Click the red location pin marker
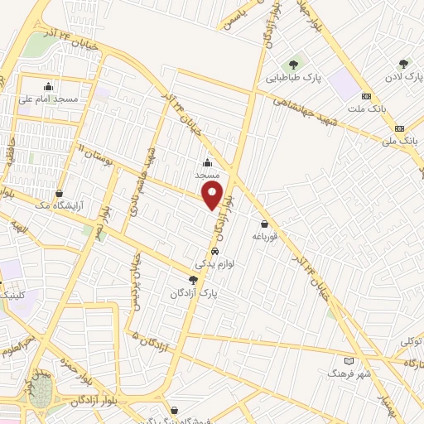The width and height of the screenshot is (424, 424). coord(214,196)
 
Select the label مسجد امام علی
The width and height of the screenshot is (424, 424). coord(48,99)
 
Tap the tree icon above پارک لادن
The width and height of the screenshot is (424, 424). coord(403,63)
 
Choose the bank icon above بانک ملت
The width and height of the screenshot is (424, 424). coord(365,97)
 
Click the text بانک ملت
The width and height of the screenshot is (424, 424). coord(366,110)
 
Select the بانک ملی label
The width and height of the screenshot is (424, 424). coord(401,142)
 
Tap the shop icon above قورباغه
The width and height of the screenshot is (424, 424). coord(263,224)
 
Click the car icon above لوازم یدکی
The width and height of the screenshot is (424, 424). coord(214,251)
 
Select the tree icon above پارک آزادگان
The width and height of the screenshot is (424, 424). coord(193,280)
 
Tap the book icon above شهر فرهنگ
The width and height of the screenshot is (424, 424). coord(349,361)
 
